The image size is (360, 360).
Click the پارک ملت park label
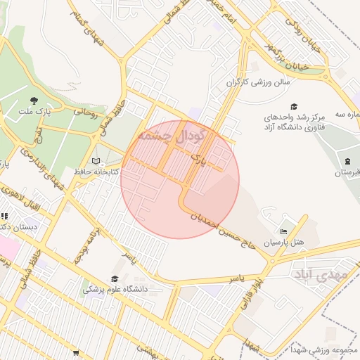tap(35, 112)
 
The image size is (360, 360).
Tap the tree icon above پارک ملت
tap(34, 101)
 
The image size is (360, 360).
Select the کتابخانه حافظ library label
tap(96, 172)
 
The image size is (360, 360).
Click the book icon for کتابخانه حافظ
tap(96, 161)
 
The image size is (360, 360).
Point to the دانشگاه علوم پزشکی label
tap(114, 289)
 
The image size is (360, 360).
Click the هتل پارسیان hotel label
tap(283, 242)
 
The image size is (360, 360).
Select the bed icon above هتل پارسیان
tap(283, 231)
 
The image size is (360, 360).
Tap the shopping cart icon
tap(75, 352)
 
